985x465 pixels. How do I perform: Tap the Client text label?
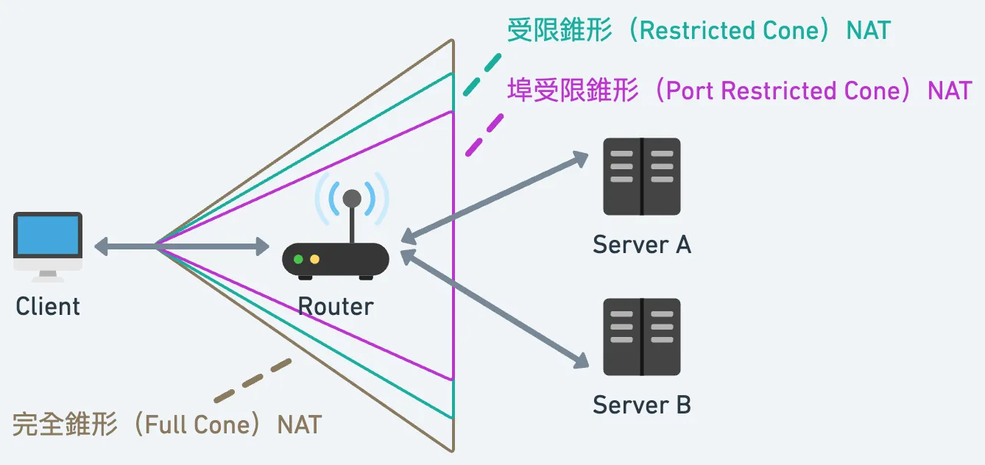point(48,306)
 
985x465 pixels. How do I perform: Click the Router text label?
point(336,306)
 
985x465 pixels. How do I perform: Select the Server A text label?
point(641,244)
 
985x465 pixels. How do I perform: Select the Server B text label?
point(641,405)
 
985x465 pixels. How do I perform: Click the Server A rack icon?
point(641,177)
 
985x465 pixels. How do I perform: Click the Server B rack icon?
point(641,337)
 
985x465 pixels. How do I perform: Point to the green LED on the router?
point(298,259)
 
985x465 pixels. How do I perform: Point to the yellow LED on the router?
point(314,259)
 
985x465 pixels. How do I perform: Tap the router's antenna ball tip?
point(352,198)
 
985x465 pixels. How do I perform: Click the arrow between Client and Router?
point(182,246)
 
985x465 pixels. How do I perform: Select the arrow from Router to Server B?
point(495,308)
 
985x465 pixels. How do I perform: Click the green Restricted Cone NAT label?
point(699,31)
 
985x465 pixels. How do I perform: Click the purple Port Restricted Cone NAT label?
point(739,90)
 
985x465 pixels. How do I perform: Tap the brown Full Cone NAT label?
point(167,425)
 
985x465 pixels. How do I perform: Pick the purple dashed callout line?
point(484,135)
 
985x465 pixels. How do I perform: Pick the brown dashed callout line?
point(253,380)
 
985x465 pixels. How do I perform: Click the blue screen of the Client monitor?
point(48,235)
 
